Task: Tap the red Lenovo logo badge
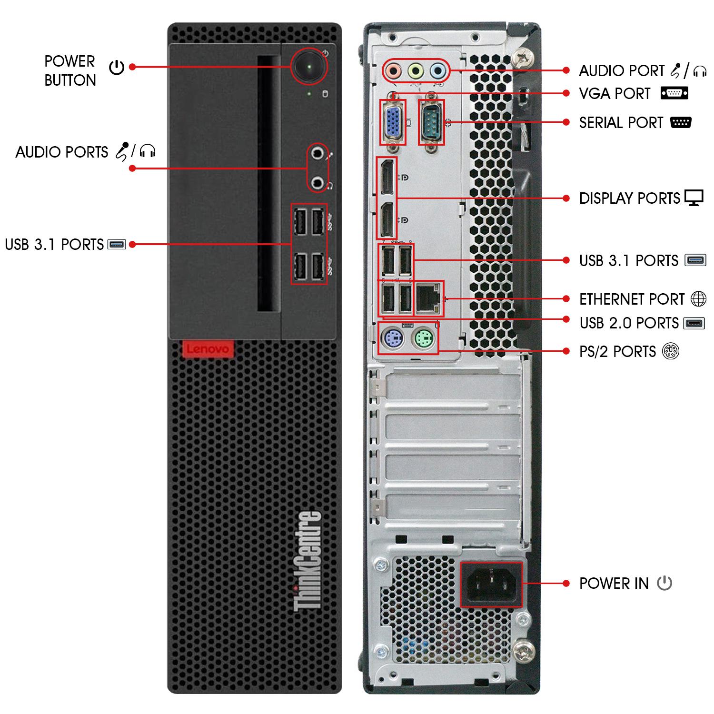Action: tap(208, 349)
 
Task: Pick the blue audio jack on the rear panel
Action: tap(437, 71)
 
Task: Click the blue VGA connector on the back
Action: tap(393, 122)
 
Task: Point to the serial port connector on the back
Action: tap(431, 122)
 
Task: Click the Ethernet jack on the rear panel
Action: tap(428, 298)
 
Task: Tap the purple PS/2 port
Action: tap(393, 339)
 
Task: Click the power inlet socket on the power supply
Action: tap(491, 584)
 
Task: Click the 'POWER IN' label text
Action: tap(614, 584)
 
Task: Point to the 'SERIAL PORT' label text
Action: tap(621, 123)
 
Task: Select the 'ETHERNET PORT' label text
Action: tap(631, 299)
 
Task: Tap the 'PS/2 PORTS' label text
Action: tap(617, 352)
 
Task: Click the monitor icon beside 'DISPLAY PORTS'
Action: tap(694, 198)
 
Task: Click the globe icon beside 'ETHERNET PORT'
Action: tap(698, 299)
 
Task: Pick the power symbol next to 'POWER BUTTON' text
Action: tap(117, 68)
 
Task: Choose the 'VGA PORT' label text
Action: tap(615, 94)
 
